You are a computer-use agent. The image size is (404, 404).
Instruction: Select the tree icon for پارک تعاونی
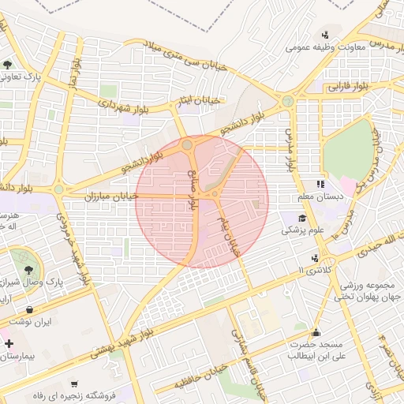tap(7, 65)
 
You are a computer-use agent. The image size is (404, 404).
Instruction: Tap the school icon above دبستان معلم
tap(320, 184)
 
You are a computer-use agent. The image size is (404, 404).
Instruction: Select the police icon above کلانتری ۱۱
tap(316, 257)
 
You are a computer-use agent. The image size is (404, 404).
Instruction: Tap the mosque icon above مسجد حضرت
tap(316, 332)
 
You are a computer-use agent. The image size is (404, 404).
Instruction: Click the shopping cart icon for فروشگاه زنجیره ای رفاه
tap(73, 383)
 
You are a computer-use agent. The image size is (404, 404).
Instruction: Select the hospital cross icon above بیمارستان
tap(9, 345)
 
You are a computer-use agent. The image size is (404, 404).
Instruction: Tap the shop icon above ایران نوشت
tap(29, 309)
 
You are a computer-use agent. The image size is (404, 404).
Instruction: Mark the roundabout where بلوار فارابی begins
tap(287, 101)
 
